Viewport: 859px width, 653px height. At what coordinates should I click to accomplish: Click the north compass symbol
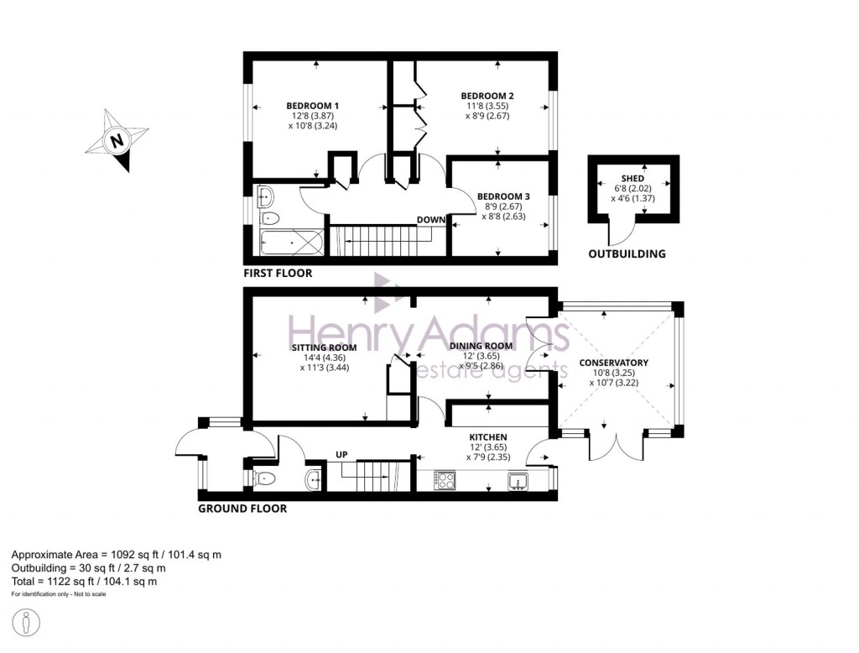pos(117,140)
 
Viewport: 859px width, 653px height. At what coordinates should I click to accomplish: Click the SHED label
pos(633,179)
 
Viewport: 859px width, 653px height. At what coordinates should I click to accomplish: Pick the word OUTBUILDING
pos(627,253)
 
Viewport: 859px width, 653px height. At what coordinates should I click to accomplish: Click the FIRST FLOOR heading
pos(278,273)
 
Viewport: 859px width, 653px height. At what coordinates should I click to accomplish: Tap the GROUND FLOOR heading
pos(242,508)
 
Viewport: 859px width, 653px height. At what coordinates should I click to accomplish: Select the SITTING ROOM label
pos(324,347)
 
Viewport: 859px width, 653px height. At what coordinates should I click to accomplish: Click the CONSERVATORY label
pos(613,363)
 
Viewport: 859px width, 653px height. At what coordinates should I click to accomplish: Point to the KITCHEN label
pos(487,437)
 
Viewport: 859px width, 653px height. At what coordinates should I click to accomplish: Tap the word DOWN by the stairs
pos(430,220)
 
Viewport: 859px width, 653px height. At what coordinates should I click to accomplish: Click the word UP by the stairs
pos(342,455)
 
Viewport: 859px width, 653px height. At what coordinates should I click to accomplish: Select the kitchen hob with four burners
pos(445,481)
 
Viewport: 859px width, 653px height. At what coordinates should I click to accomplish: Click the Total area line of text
pos(84,581)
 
